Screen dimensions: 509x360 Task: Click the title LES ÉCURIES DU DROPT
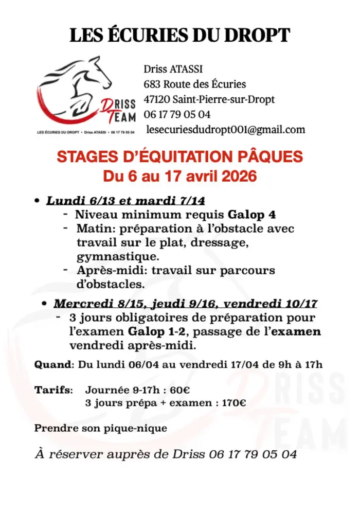click(x=179, y=36)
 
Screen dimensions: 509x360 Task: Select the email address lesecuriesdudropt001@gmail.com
click(x=225, y=130)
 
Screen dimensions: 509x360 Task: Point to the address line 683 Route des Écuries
click(x=194, y=84)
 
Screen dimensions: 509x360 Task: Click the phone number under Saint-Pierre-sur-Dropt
click(x=177, y=114)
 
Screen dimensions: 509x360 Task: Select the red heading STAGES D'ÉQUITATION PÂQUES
click(x=179, y=157)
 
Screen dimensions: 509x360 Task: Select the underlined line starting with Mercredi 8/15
click(x=185, y=304)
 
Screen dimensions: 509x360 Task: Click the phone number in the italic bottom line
click(x=253, y=454)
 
